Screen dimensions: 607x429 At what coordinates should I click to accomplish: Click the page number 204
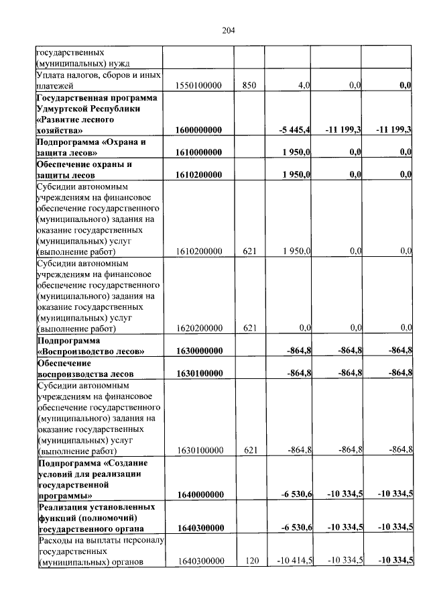point(228,30)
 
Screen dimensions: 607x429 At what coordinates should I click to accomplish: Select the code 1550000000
point(198,86)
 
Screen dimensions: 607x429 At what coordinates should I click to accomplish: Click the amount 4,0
point(303,86)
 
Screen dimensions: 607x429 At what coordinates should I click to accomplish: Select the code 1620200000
point(198,328)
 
